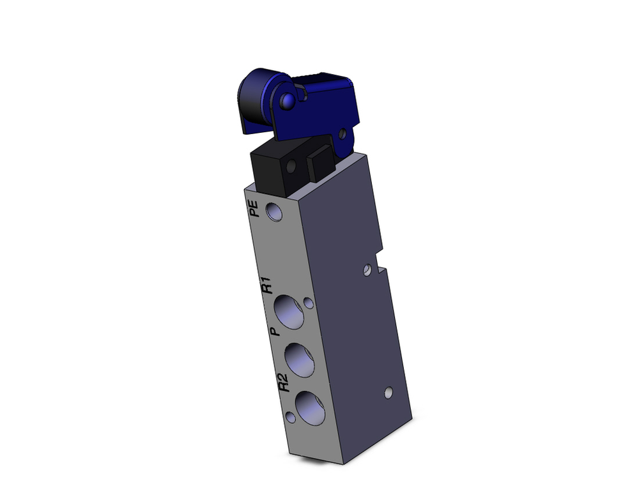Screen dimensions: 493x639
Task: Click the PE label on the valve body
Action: coord(255,208)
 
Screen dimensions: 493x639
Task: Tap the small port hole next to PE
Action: coord(275,211)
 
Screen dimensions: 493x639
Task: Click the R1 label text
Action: coord(267,285)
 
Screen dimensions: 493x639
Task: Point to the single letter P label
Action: coord(274,331)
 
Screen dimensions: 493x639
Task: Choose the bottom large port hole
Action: coord(310,409)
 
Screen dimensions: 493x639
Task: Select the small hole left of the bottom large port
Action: coord(291,418)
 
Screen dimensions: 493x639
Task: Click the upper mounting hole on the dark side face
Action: coord(367,271)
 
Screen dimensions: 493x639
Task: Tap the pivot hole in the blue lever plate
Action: coord(343,134)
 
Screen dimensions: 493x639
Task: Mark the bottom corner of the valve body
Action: coord(344,463)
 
